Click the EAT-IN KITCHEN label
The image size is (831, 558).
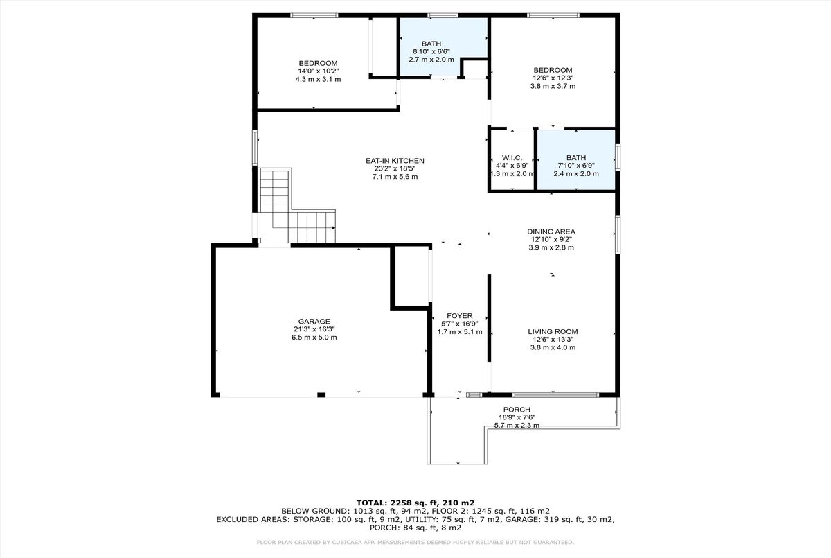(395, 161)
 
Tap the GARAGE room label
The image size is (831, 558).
(314, 322)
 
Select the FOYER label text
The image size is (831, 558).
(460, 316)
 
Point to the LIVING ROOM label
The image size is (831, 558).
(553, 332)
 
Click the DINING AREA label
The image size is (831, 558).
(551, 232)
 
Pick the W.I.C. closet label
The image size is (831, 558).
(512, 158)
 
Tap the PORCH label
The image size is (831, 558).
(517, 410)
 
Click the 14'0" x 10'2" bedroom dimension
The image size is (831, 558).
(319, 71)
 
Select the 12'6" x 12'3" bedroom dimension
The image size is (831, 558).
(553, 78)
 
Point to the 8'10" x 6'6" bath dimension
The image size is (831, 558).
(431, 51)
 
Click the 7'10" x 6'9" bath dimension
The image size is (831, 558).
(576, 166)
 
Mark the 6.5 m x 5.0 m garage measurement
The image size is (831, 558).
(314, 338)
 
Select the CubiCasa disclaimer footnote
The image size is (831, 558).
(415, 543)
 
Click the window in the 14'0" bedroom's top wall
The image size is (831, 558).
(314, 15)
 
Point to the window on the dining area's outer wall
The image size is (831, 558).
(618, 234)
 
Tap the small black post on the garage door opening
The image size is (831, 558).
(321, 395)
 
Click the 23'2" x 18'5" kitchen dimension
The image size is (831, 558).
(395, 168)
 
